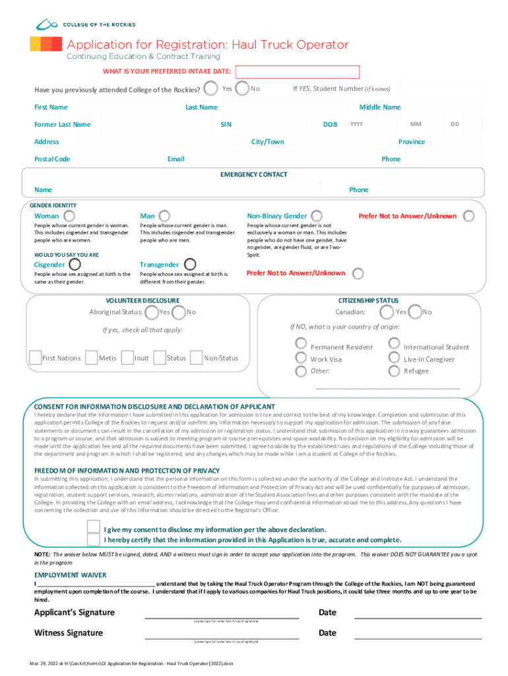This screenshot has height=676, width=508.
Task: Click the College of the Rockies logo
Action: coord(85,24)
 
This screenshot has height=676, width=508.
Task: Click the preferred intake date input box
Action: coord(298,72)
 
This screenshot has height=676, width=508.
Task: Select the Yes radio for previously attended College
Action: coord(210,88)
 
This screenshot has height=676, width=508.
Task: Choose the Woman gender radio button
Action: coord(69,216)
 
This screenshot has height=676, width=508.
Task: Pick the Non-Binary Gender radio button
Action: coord(317,216)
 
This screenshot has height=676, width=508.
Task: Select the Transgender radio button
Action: coord(189,265)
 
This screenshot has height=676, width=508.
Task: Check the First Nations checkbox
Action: coord(34,358)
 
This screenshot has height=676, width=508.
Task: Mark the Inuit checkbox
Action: coord(128,358)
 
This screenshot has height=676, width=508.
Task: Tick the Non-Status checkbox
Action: coord(196,358)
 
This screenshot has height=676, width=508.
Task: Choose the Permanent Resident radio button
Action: coord(301,343)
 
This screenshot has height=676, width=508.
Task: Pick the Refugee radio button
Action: coord(395,370)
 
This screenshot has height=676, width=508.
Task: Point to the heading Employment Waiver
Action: coord(70,575)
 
